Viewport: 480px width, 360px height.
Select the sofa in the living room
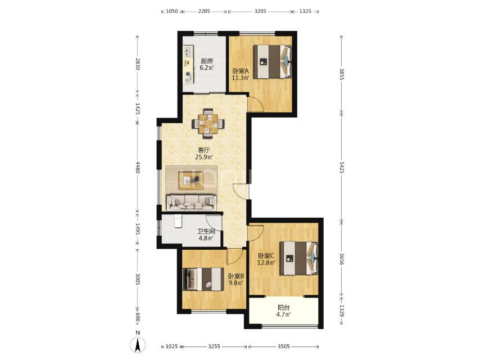point(192,202)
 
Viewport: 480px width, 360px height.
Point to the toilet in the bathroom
point(178,221)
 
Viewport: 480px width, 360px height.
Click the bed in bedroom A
point(273,61)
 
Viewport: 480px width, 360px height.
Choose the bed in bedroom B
point(202,279)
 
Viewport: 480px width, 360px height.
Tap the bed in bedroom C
point(299,258)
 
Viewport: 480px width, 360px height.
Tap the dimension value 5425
point(342,166)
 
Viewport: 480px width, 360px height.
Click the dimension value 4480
point(138,167)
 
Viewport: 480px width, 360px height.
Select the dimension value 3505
point(283,346)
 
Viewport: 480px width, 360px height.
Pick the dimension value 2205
point(204,11)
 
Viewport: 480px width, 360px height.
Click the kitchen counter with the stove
point(189,64)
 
